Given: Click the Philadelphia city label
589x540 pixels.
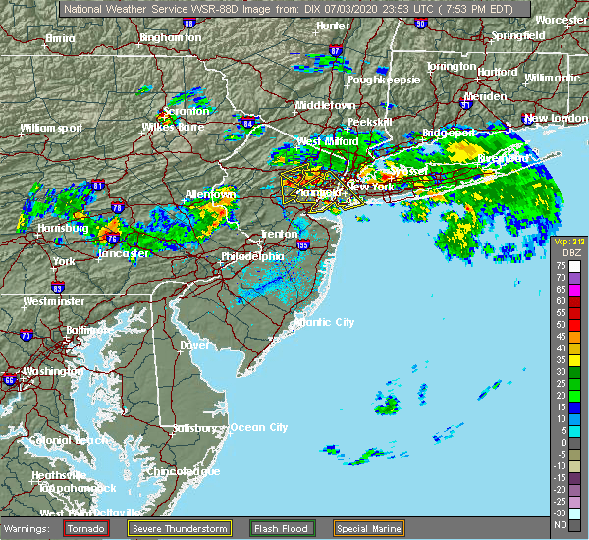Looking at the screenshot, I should tap(252, 257).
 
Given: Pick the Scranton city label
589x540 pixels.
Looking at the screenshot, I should tap(186, 111).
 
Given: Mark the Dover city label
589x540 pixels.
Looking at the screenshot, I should tap(194, 346).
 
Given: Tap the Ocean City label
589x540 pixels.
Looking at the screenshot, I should tap(258, 427).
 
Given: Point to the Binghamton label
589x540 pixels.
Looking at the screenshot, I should tap(171, 37).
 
